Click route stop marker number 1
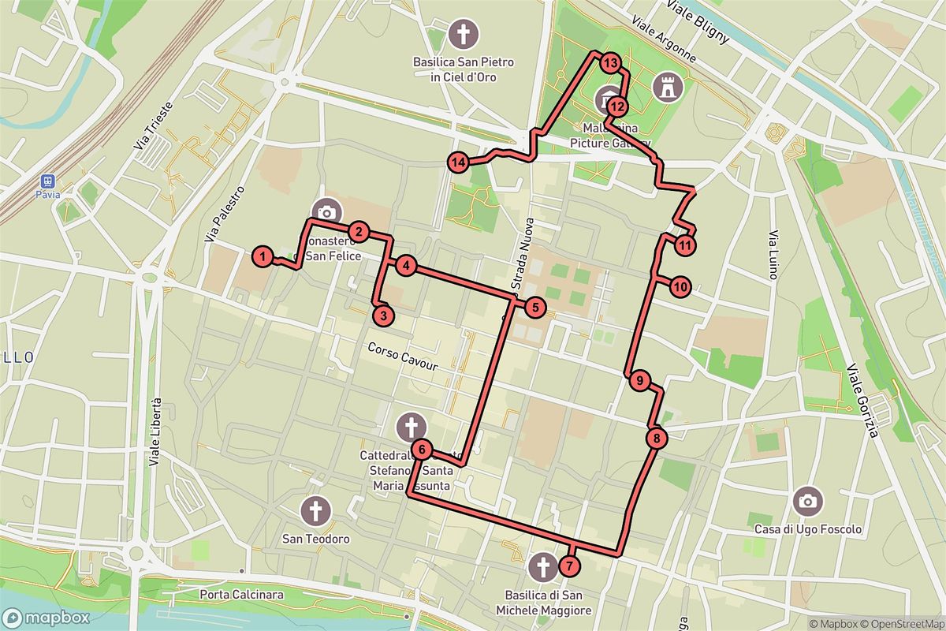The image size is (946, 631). (x=263, y=256)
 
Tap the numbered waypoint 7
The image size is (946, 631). (x=570, y=566)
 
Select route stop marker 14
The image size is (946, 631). (x=458, y=162)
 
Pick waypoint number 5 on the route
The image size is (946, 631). (x=535, y=308)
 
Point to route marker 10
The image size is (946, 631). (x=680, y=286)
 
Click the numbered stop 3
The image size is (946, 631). (x=382, y=316)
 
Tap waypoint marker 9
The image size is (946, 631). (x=640, y=381)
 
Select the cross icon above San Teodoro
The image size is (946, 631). (x=316, y=511)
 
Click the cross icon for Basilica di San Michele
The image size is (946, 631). (x=542, y=566)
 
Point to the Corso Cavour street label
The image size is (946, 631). (x=401, y=359)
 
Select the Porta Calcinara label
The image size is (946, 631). (x=241, y=594)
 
